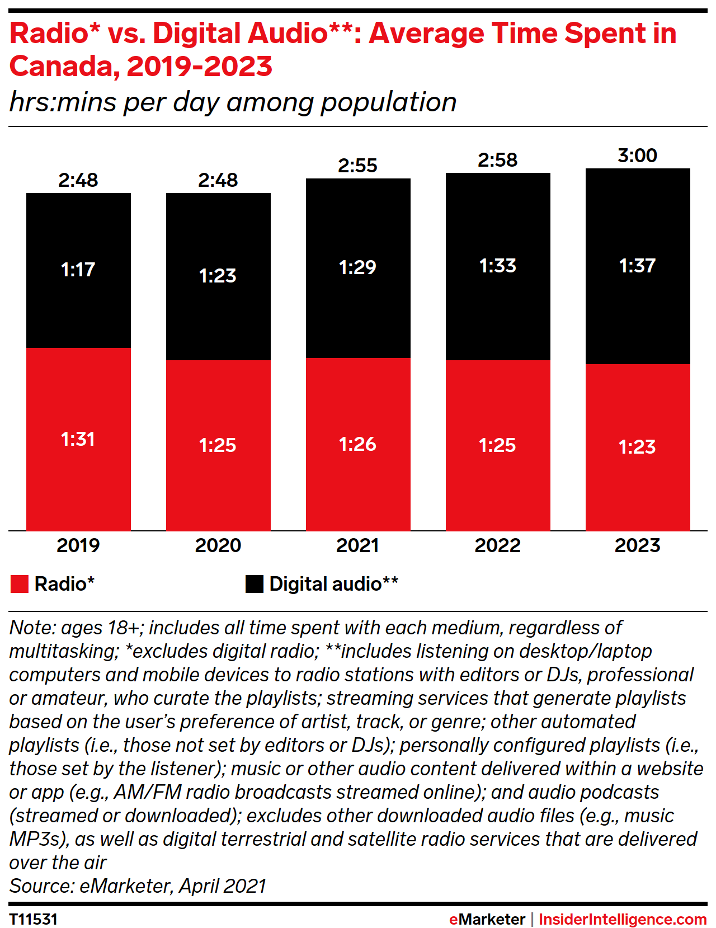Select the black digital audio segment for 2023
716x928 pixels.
click(638, 313)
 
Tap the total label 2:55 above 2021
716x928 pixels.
click(357, 166)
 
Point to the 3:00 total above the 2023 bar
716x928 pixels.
click(637, 156)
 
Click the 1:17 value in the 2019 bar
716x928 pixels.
click(78, 270)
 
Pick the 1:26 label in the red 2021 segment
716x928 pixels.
click(357, 444)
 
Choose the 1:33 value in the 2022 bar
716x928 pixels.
click(497, 266)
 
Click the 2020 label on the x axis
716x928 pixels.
click(218, 545)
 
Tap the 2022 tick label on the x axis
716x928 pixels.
click(497, 545)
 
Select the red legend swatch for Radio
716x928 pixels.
click(20, 584)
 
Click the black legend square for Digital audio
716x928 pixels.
click(255, 584)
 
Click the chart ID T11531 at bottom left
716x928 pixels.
click(34, 920)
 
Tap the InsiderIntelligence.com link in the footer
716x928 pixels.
click(623, 920)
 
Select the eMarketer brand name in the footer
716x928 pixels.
click(487, 920)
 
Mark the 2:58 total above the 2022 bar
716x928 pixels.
click(497, 160)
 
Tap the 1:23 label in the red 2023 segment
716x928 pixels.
click(637, 447)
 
